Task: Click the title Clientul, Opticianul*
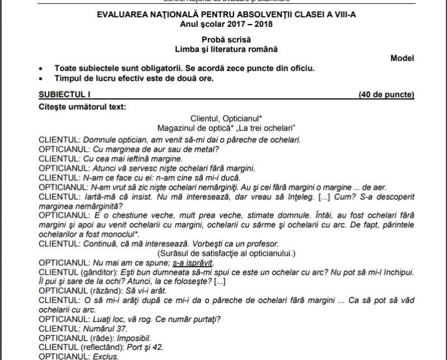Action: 226,118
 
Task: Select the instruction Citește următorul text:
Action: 83,106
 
